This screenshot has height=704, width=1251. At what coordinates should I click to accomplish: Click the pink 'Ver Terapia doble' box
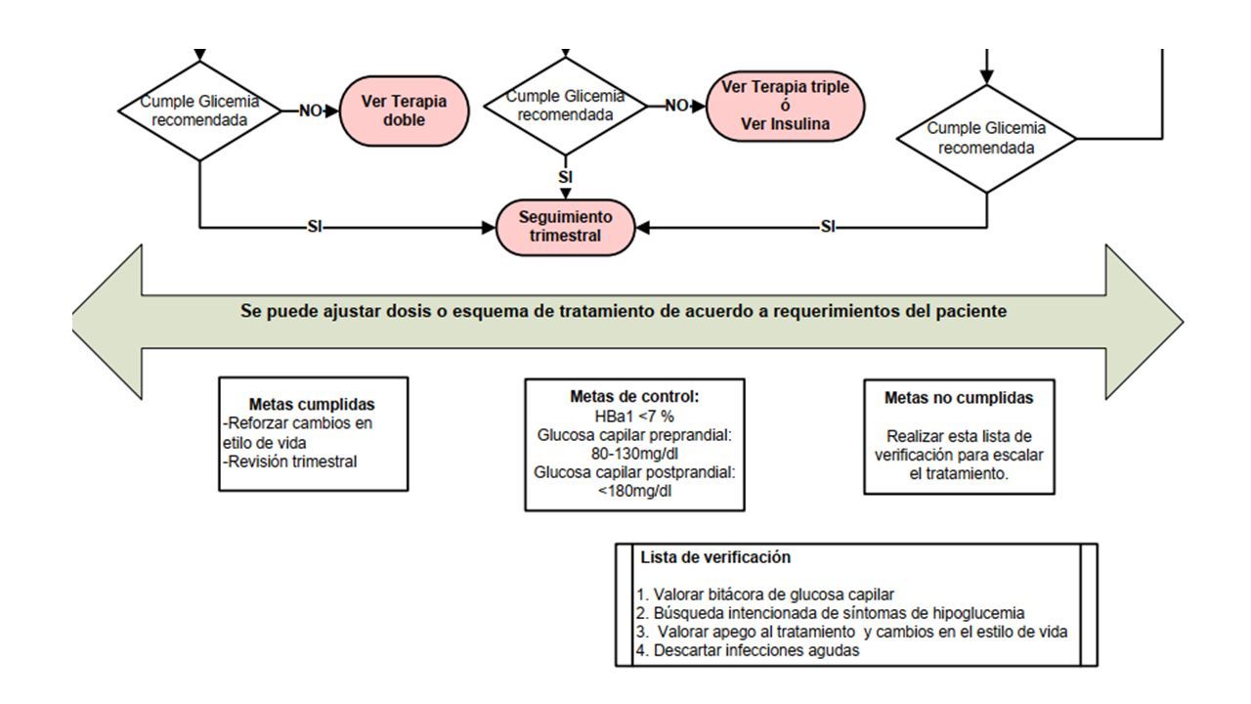pyautogui.click(x=405, y=110)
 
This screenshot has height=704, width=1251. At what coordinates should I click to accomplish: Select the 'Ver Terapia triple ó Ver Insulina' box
pyautogui.click(x=785, y=106)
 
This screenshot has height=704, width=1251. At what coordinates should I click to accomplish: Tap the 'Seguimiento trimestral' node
pyautogui.click(x=565, y=227)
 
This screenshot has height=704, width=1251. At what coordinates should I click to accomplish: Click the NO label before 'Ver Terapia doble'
pyautogui.click(x=311, y=110)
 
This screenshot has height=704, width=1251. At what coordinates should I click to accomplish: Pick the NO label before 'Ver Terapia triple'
pyautogui.click(x=676, y=105)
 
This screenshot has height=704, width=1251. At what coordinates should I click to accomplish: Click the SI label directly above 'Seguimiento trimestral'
pyautogui.click(x=565, y=177)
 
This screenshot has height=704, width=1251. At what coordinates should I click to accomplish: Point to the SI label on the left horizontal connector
pyautogui.click(x=315, y=226)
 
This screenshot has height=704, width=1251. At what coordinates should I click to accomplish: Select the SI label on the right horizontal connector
pyautogui.click(x=828, y=226)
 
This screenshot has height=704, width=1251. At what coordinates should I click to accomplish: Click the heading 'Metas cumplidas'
pyautogui.click(x=312, y=404)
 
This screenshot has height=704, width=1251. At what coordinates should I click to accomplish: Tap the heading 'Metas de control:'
pyautogui.click(x=634, y=397)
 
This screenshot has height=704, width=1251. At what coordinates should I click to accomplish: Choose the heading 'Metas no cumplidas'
pyautogui.click(x=959, y=398)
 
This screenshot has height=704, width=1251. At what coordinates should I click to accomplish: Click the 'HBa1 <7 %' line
pyautogui.click(x=634, y=417)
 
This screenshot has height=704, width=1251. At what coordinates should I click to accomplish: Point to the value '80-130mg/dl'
pyautogui.click(x=634, y=454)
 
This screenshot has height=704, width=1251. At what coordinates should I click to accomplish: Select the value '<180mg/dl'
pyautogui.click(x=634, y=491)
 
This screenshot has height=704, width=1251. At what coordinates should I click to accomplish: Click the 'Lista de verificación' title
pyautogui.click(x=715, y=557)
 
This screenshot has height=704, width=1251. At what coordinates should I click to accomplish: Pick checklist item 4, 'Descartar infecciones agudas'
pyautogui.click(x=748, y=650)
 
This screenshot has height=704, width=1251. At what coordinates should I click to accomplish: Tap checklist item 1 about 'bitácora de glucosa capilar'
pyautogui.click(x=764, y=594)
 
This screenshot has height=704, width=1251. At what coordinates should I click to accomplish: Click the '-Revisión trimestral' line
pyautogui.click(x=290, y=462)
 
